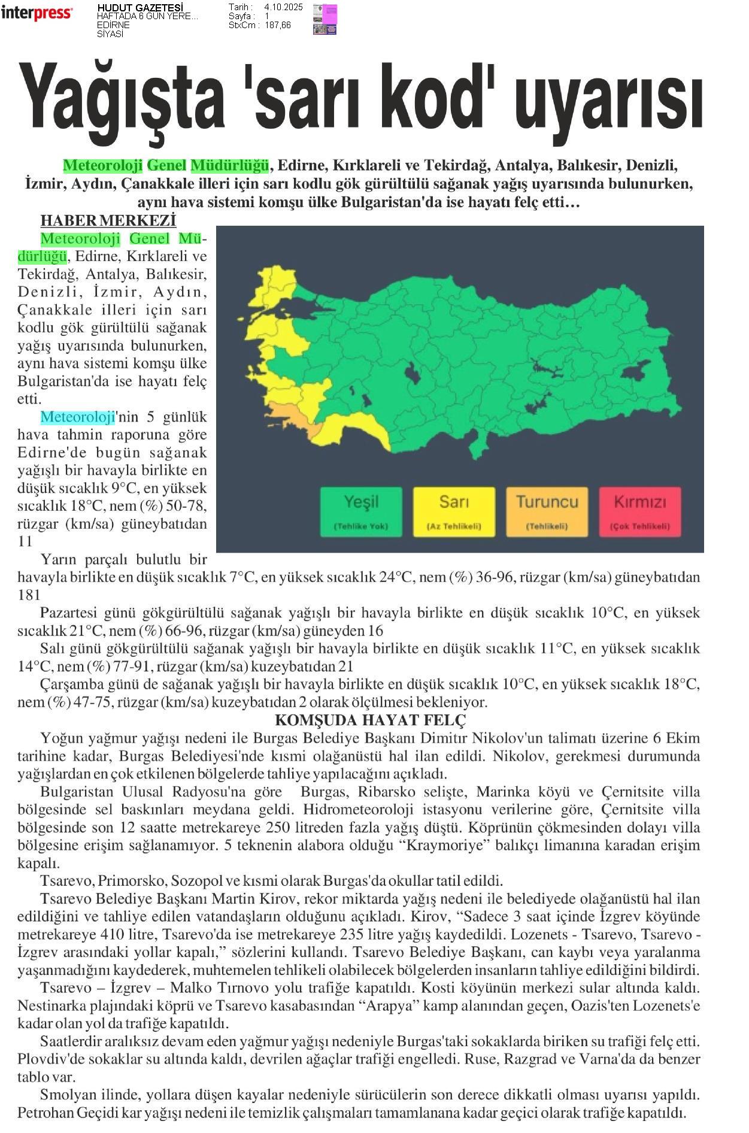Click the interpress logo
pyautogui.click(x=37, y=13)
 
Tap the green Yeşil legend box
pyautogui.click(x=361, y=511)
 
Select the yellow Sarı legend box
pyautogui.click(x=454, y=511)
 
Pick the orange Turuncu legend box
pyautogui.click(x=547, y=511)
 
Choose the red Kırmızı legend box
pyautogui.click(x=639, y=511)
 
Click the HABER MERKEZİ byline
pyautogui.click(x=108, y=221)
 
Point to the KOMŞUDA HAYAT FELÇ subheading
pyautogui.click(x=370, y=720)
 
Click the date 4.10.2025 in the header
pyautogui.click(x=283, y=7)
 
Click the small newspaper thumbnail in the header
pyautogui.click(x=325, y=19)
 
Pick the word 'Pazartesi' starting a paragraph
pyautogui.click(x=68, y=613)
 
